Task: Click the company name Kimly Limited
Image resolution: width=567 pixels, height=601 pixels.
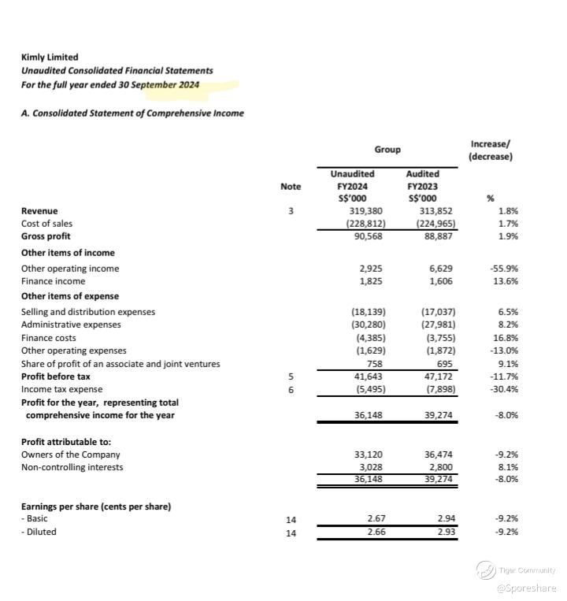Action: tap(50, 57)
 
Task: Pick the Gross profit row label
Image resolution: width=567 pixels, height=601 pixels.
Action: tap(46, 236)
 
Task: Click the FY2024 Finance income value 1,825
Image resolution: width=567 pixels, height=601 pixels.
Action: tap(371, 281)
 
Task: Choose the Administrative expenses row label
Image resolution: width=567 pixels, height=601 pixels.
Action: tap(71, 325)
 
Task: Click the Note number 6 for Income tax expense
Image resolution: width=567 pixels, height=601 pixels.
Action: tap(291, 389)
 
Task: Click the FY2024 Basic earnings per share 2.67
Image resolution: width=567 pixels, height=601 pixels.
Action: tap(376, 518)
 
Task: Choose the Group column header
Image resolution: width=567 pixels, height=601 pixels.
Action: tap(387, 150)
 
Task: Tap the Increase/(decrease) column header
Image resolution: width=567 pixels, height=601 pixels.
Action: tap(490, 150)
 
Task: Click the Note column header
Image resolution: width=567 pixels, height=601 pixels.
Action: tap(291, 187)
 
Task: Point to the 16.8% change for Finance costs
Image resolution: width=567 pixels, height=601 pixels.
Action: tap(506, 337)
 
